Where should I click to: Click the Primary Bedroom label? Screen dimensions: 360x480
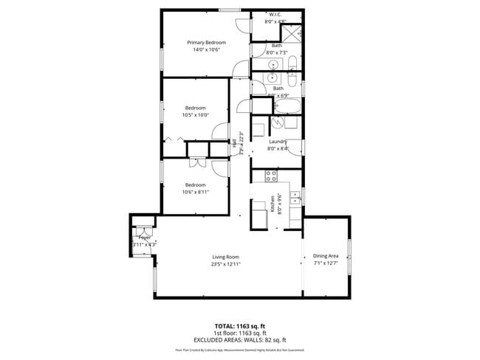point(206,43)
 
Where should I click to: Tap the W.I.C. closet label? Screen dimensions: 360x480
point(275,14)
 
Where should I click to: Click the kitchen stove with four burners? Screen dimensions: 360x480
point(271,176)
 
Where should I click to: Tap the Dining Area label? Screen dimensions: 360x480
point(326,255)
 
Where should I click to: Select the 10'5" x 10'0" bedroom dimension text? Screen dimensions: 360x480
point(196,115)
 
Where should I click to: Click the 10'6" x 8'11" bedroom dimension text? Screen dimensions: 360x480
point(196,191)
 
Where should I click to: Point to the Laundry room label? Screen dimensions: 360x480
point(278,141)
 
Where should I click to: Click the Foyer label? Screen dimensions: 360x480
point(144,238)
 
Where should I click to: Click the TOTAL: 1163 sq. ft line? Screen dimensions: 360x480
point(239,325)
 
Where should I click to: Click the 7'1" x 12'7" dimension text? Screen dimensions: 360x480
point(326,263)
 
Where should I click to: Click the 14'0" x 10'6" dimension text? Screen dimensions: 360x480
point(206,50)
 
